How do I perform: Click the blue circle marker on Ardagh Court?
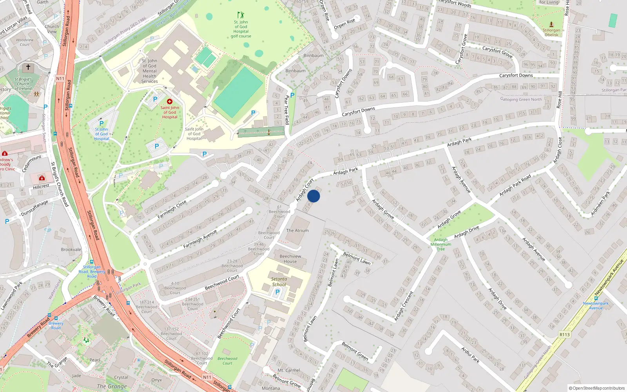pyautogui.click(x=313, y=196)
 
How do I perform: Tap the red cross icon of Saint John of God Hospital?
pyautogui.click(x=170, y=102)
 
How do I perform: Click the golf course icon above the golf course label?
pyautogui.click(x=241, y=15)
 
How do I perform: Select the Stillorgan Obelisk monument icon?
pyautogui.click(x=551, y=24)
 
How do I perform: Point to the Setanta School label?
pyautogui.click(x=279, y=282)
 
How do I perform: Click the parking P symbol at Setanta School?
pyautogui.click(x=277, y=292)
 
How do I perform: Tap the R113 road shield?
pyautogui.click(x=564, y=334)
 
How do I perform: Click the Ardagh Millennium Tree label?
pyautogui.click(x=441, y=244)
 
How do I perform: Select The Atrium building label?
pyautogui.click(x=297, y=230)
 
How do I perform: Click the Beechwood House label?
pyautogui.click(x=290, y=259)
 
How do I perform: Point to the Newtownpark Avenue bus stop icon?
pyautogui.click(x=596, y=298)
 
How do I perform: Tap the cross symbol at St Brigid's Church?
pyautogui.click(x=28, y=67)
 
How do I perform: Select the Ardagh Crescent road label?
pyautogui.click(x=404, y=306)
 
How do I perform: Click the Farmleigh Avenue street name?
pyautogui.click(x=200, y=239)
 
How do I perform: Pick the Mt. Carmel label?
pyautogui.click(x=289, y=370)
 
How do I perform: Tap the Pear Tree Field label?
pyautogui.click(x=286, y=110)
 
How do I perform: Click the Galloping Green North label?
pyautogui.click(x=521, y=99)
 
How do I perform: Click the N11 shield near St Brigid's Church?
pyautogui.click(x=60, y=78)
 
